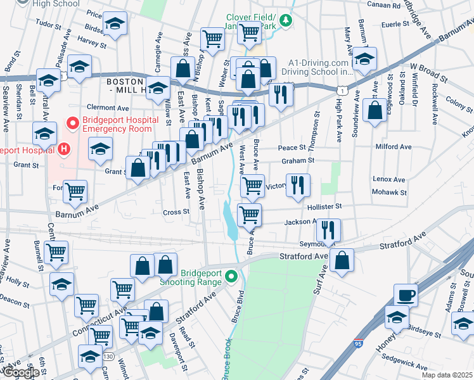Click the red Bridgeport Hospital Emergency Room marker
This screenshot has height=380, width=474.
73,121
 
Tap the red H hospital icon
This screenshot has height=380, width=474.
63,149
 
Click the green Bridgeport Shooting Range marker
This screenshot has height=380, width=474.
232,275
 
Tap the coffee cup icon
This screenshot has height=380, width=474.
406,295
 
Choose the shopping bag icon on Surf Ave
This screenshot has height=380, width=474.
342,260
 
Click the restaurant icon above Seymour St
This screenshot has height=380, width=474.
328,229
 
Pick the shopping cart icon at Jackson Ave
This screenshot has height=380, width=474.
250,215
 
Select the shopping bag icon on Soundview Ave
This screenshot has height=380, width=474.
375,110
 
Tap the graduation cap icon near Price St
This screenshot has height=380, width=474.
114,25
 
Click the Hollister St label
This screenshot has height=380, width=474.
325,206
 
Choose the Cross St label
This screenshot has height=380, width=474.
176,212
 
